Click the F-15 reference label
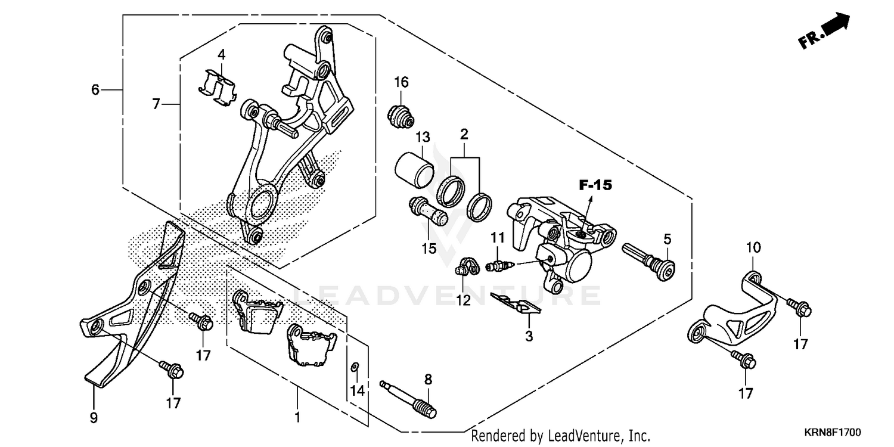pyautogui.click(x=595, y=185)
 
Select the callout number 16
pyautogui.click(x=401, y=82)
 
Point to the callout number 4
pyautogui.click(x=221, y=54)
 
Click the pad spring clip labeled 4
pyautogui.click(x=218, y=88)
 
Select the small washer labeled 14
pyautogui.click(x=354, y=366)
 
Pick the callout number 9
pyautogui.click(x=94, y=418)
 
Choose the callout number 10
pyautogui.click(x=753, y=247)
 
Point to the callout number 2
pyautogui.click(x=464, y=134)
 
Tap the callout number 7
pyautogui.click(x=156, y=104)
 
